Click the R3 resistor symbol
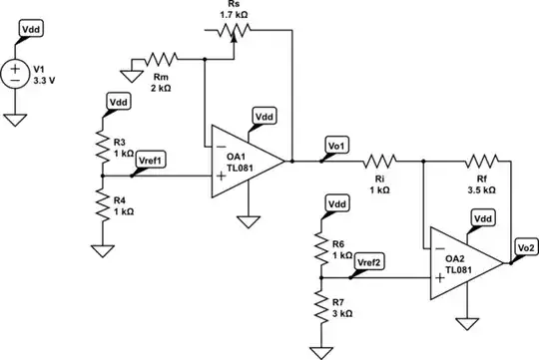(x=101, y=147)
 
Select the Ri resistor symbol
(x=380, y=160)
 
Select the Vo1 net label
(x=336, y=147)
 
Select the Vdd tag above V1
(x=30, y=33)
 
